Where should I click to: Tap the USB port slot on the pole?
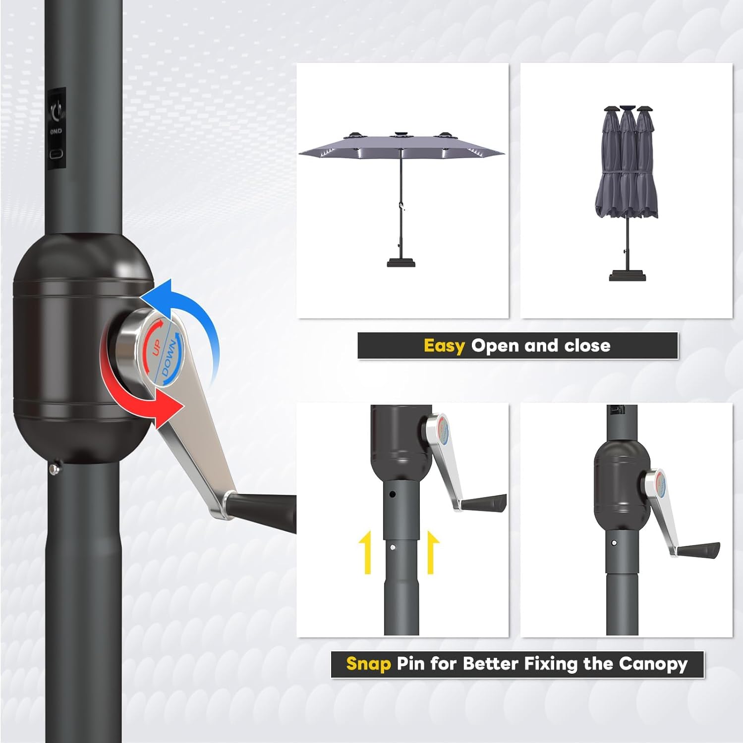tap(57, 154)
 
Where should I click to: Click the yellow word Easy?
tap(444, 345)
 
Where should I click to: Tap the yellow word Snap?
tap(368, 663)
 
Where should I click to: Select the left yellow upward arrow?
tap(367, 552)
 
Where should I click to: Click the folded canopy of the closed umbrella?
tap(627, 168)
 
